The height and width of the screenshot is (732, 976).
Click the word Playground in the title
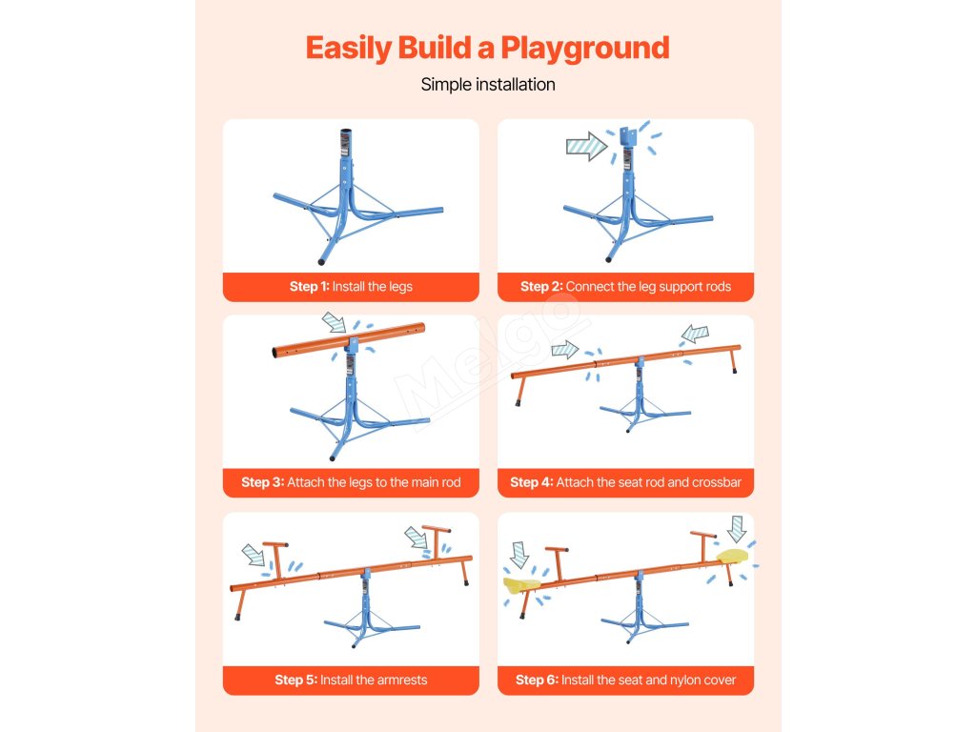click(x=585, y=50)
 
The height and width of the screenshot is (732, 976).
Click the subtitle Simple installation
click(x=488, y=85)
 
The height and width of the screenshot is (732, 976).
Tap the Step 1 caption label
click(x=351, y=287)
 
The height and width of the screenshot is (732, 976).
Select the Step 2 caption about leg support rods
click(x=625, y=287)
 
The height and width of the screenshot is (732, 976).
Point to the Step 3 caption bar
click(x=351, y=482)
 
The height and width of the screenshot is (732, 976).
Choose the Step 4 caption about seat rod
click(x=625, y=482)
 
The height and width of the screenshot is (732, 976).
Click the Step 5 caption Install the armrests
click(x=351, y=680)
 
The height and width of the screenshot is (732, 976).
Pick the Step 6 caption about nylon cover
click(x=625, y=680)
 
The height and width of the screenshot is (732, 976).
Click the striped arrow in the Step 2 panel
click(x=587, y=147)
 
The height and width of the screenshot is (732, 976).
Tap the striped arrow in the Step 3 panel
click(x=335, y=322)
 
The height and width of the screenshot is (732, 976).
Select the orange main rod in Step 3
click(x=349, y=339)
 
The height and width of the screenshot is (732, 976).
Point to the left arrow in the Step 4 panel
click(x=565, y=349)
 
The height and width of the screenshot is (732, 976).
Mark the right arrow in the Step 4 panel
click(x=695, y=334)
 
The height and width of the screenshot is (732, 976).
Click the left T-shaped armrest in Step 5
click(x=275, y=559)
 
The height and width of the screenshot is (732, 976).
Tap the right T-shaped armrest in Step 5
click(x=437, y=542)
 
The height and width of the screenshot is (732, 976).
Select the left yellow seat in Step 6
click(x=521, y=584)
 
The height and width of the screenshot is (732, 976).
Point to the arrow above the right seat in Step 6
click(x=737, y=529)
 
